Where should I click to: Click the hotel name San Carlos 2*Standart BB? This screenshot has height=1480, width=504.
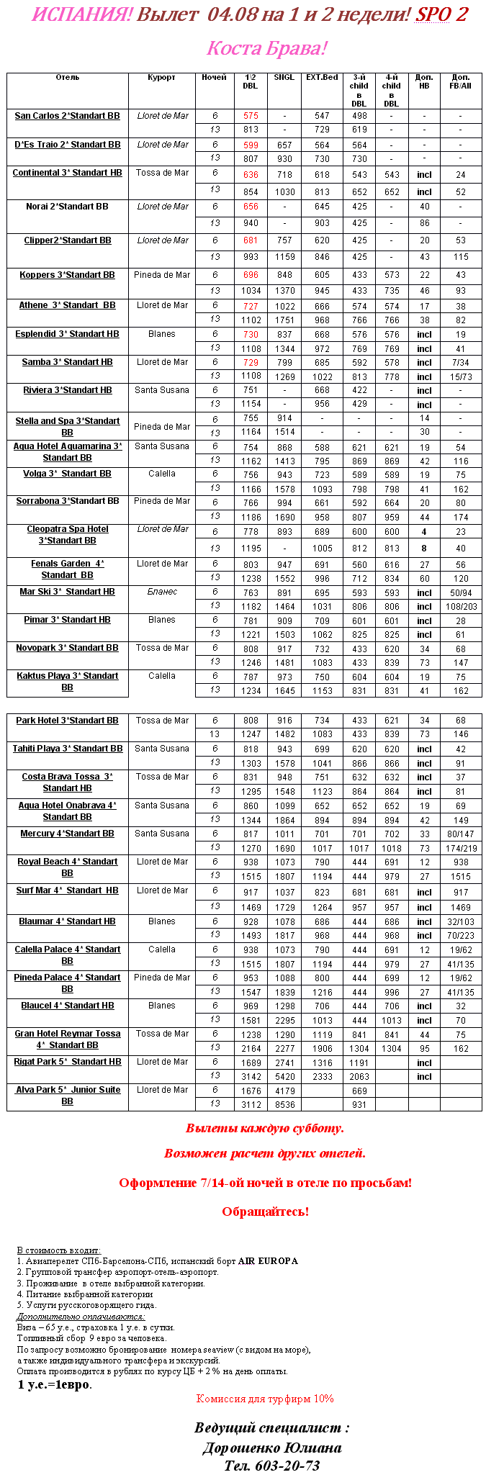(67, 116)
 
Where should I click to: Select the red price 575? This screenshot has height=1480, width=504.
(251, 116)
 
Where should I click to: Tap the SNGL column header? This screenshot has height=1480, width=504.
(284, 78)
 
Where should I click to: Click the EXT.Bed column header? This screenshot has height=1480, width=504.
(322, 78)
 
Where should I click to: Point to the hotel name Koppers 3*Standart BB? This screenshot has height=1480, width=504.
(67, 275)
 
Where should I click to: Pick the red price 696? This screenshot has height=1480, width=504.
(251, 275)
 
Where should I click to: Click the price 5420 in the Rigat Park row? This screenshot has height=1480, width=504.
(284, 1077)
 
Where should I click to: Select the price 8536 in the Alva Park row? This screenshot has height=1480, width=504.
(284, 1105)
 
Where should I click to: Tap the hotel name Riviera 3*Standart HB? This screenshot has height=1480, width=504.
(67, 390)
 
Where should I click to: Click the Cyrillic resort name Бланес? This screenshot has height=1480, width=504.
(162, 592)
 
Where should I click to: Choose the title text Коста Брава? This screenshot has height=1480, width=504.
(266, 49)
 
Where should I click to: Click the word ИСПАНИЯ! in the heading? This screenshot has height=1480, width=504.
(81, 15)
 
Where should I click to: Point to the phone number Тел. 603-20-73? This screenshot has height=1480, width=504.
(271, 1466)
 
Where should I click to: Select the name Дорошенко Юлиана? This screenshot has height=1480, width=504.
(271, 1448)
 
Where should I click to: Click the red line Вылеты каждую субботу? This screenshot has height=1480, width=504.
(265, 1128)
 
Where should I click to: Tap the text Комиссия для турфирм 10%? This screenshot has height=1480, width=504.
(265, 1399)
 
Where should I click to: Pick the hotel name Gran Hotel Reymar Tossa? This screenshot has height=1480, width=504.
(67, 1034)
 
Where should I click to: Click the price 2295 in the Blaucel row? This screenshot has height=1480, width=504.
(284, 1020)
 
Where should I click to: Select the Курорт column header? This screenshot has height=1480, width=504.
(162, 78)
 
